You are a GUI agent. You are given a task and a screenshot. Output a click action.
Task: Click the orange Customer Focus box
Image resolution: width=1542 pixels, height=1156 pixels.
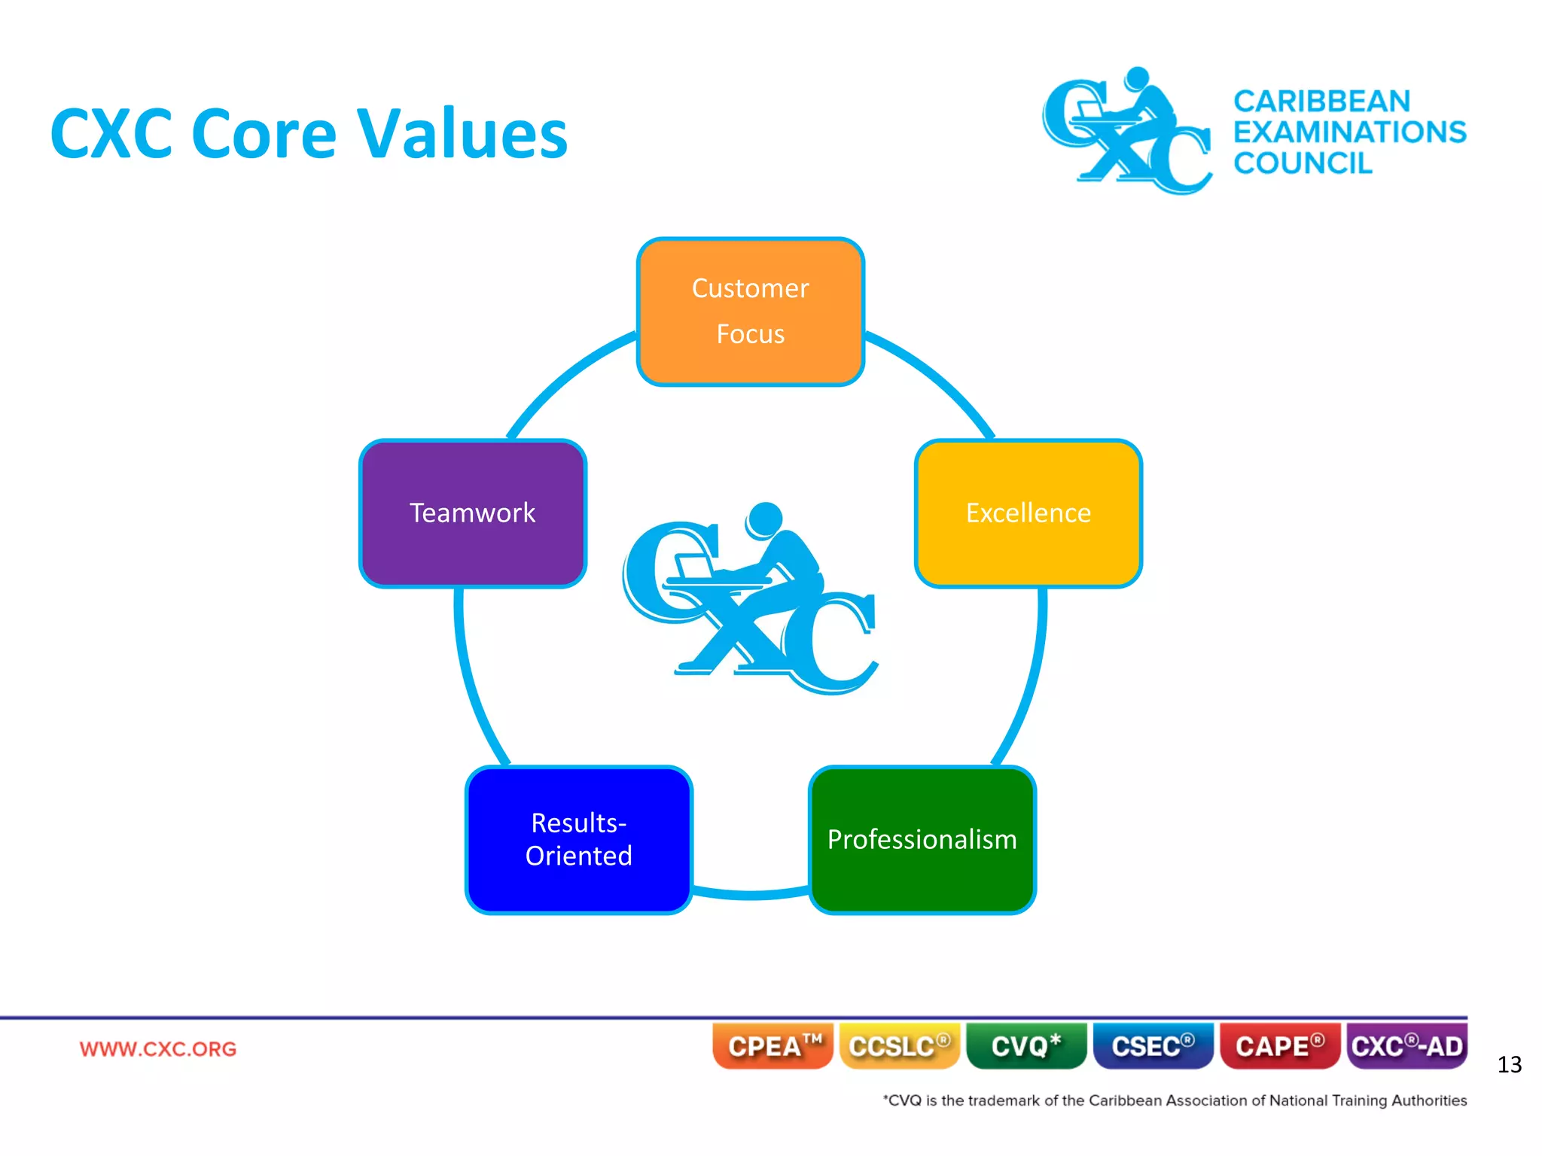click(x=750, y=312)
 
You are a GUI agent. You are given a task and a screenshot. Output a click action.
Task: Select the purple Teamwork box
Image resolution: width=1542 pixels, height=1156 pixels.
click(x=473, y=513)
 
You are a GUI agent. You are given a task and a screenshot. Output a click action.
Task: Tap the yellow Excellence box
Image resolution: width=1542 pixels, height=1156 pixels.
click(x=1028, y=513)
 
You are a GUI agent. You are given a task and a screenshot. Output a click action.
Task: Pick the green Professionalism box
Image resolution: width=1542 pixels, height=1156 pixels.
click(x=922, y=839)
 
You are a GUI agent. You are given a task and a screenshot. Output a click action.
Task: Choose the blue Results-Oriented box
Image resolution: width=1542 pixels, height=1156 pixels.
click(x=578, y=839)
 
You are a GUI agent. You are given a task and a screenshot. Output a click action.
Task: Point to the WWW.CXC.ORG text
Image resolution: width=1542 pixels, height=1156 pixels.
click(x=158, y=1048)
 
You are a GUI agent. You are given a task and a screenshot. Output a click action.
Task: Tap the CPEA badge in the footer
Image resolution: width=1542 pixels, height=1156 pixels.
click(x=773, y=1046)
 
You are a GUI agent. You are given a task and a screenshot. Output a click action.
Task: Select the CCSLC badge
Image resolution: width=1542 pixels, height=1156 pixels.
click(x=899, y=1046)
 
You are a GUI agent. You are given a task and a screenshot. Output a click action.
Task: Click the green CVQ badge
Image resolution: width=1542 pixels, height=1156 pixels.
click(x=1025, y=1046)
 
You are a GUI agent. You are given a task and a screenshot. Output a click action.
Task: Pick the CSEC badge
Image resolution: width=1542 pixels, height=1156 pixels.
click(x=1152, y=1046)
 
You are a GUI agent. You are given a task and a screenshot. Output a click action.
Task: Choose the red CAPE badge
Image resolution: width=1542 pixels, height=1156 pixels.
click(x=1279, y=1046)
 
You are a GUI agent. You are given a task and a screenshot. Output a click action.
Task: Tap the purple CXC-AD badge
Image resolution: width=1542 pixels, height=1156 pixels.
click(x=1406, y=1046)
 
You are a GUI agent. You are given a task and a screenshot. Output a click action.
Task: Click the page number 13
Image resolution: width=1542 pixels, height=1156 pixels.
click(x=1509, y=1065)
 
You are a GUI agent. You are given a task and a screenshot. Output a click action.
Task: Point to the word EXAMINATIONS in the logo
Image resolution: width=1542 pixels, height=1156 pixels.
click(x=1349, y=132)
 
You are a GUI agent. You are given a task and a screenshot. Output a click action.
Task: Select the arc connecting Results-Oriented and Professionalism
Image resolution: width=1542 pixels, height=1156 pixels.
click(x=751, y=894)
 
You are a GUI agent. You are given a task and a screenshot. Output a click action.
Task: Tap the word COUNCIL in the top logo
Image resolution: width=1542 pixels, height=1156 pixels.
click(x=1303, y=163)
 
